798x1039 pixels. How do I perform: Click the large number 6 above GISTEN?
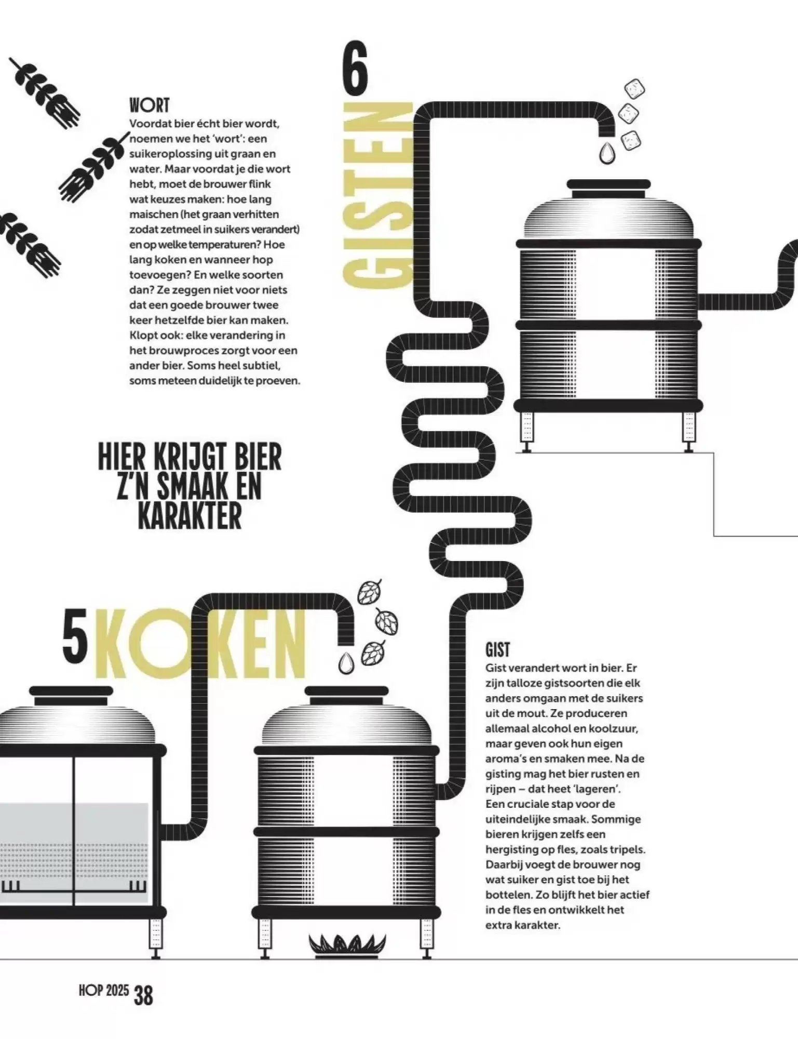click(x=355, y=68)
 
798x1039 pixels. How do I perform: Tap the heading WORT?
click(x=150, y=105)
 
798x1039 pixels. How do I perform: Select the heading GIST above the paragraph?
click(x=497, y=650)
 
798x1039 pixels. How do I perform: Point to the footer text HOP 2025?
click(x=104, y=991)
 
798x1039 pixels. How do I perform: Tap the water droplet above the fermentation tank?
click(x=606, y=154)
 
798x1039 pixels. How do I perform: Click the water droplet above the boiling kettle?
click(x=346, y=662)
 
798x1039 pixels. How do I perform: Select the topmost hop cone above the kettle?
click(x=370, y=592)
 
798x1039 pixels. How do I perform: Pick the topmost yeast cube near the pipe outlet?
click(x=634, y=89)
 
